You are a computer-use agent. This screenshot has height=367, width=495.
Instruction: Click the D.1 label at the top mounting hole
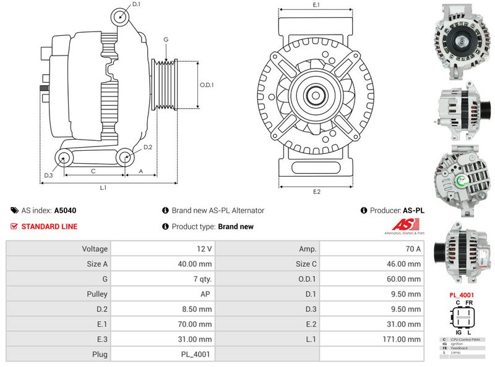pos(136,4)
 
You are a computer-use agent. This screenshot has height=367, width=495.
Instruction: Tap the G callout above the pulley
pos(166,40)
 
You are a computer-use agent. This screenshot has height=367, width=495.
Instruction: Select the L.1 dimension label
pos(104,187)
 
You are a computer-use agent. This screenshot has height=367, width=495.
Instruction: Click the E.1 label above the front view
pos(316,5)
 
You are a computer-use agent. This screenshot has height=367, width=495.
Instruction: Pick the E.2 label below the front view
pos(316,192)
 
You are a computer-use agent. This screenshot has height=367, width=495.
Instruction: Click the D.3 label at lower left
pos(48,176)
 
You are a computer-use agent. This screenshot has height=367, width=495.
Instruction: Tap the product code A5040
pos(66,211)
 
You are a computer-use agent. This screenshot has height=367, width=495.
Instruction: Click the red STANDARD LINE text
pos(49,227)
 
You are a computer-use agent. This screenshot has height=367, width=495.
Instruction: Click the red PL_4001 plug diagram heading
pos(462,295)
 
